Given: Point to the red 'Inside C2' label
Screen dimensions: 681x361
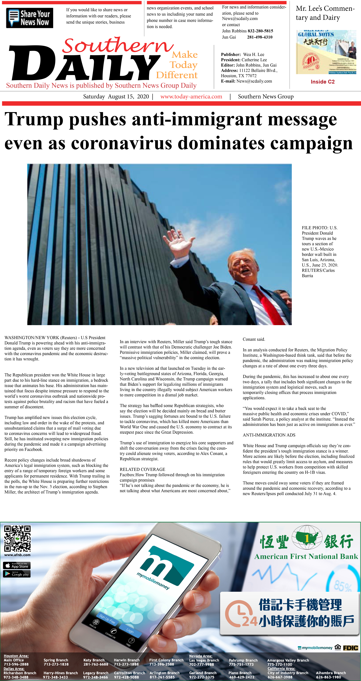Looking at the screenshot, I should pos(322,82).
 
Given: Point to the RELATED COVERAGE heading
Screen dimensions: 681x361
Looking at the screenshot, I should pos(142,469).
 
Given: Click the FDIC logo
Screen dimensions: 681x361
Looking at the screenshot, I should pos(350,648).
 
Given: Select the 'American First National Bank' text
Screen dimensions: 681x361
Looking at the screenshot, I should pos(306,556).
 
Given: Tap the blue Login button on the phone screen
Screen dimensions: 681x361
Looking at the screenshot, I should pos(130,631).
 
